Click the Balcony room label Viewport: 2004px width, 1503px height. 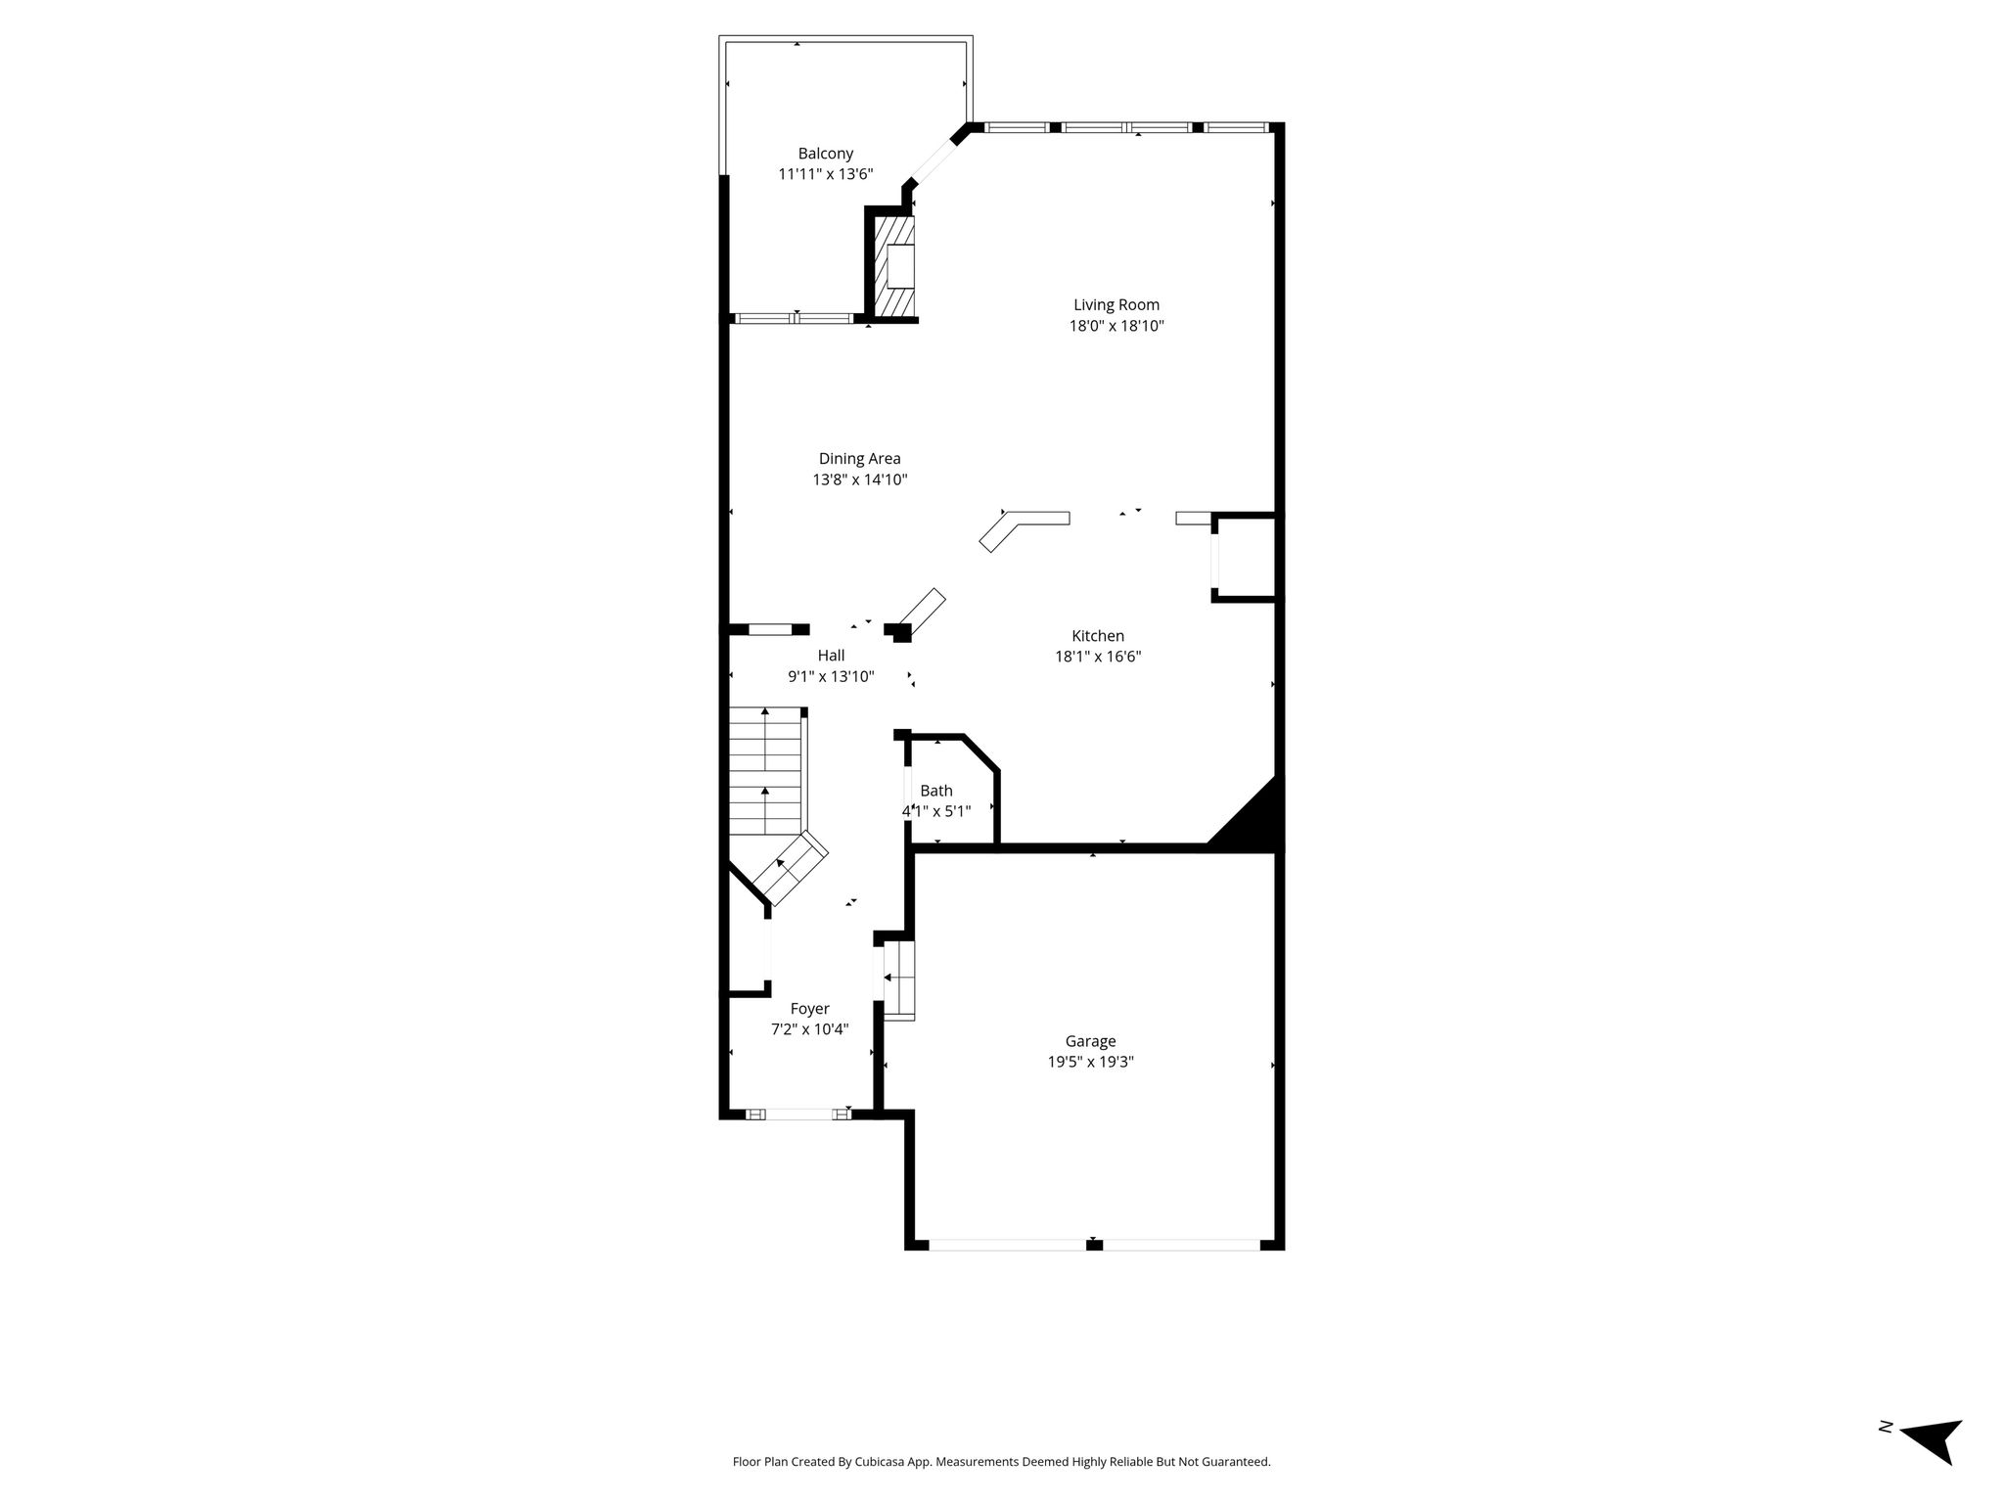[x=826, y=154]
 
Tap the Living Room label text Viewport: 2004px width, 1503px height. [x=1116, y=305]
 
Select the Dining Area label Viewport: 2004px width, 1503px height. [x=860, y=459]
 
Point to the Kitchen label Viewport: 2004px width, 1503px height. [x=1098, y=636]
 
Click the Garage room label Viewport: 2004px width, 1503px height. [x=1091, y=1041]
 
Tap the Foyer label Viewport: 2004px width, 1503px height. [x=810, y=1009]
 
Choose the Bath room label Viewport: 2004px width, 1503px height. [x=936, y=791]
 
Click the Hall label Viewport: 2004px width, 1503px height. [x=832, y=656]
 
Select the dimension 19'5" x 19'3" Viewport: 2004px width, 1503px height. [x=1091, y=1062]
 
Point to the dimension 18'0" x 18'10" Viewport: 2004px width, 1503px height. [x=1116, y=326]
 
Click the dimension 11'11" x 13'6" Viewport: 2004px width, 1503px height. [x=826, y=174]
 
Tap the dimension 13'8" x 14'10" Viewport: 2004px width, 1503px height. [x=860, y=479]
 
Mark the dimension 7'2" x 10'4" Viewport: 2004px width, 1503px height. [x=810, y=1029]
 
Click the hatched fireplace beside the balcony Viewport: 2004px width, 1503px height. [x=893, y=266]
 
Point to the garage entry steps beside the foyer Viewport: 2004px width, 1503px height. [x=898, y=980]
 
